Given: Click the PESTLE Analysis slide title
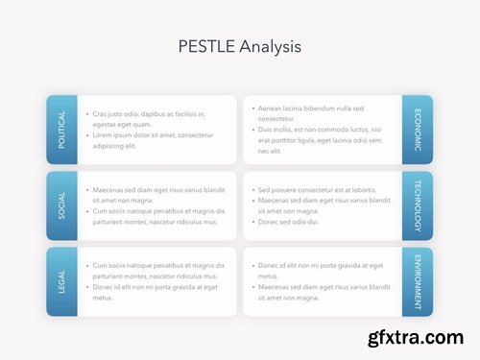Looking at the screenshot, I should pyautogui.click(x=240, y=45).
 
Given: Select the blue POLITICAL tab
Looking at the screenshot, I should pyautogui.click(x=61, y=130).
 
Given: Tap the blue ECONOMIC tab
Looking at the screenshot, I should pyautogui.click(x=418, y=130).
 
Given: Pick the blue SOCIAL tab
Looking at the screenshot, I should pyautogui.click(x=61, y=205).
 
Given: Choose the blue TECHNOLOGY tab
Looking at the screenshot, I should pyautogui.click(x=418, y=205).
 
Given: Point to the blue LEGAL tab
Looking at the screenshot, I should pyautogui.click(x=61, y=281).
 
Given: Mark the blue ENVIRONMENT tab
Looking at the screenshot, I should pyautogui.click(x=418, y=281).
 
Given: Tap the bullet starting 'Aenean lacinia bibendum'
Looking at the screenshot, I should pyautogui.click(x=317, y=113).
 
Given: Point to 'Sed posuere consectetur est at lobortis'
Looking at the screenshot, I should pyautogui.click(x=317, y=190).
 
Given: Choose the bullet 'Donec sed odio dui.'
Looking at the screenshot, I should pyautogui.click(x=288, y=222).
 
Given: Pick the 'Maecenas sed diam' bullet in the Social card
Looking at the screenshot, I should pyautogui.click(x=158, y=195).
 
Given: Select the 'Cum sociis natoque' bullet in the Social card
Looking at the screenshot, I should pyautogui.click(x=158, y=216).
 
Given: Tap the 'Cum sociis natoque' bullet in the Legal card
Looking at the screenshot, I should pyautogui.click(x=158, y=271).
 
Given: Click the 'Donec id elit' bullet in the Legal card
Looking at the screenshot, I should pyautogui.click(x=154, y=292).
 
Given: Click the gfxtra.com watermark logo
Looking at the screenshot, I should pyautogui.click(x=420, y=339).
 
